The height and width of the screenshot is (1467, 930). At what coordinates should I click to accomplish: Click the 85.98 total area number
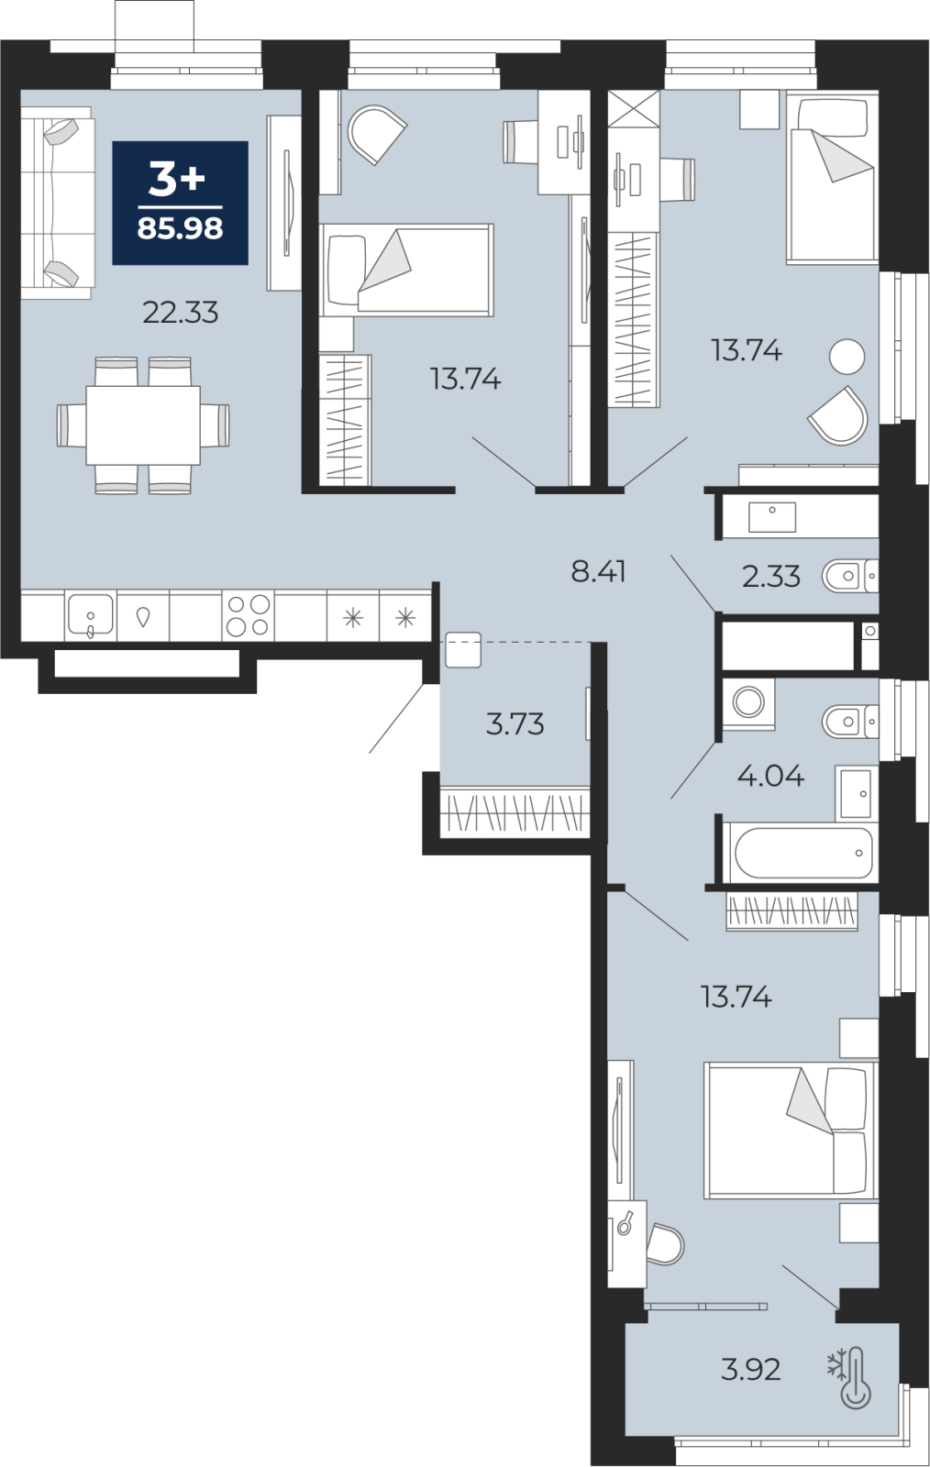[x=180, y=228]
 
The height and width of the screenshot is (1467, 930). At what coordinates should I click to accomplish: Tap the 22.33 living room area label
[x=180, y=313]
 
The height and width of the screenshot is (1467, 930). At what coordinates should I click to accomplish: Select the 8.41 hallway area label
[x=598, y=572]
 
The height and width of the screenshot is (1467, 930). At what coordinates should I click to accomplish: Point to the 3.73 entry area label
[x=515, y=724]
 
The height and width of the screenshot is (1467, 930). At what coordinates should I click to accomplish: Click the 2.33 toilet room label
[x=770, y=577]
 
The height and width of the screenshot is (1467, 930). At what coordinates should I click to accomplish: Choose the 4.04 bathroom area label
[x=770, y=776]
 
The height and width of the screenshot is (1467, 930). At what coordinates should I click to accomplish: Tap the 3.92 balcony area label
[x=750, y=1370]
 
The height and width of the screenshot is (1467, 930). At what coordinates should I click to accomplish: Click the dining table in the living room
[x=143, y=425]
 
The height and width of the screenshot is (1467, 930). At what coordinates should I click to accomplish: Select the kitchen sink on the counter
[x=91, y=615]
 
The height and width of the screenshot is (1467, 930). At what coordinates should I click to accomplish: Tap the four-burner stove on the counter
[x=249, y=615]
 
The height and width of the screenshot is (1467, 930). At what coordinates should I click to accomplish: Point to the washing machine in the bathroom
[x=748, y=703]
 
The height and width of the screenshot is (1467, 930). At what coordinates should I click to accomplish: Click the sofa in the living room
[x=58, y=203]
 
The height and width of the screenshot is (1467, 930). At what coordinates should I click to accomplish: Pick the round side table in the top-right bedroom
[x=847, y=357]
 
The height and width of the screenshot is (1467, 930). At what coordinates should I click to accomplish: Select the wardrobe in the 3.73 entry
[x=515, y=812]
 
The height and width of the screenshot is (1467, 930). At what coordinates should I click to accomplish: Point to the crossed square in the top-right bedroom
[x=634, y=109]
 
